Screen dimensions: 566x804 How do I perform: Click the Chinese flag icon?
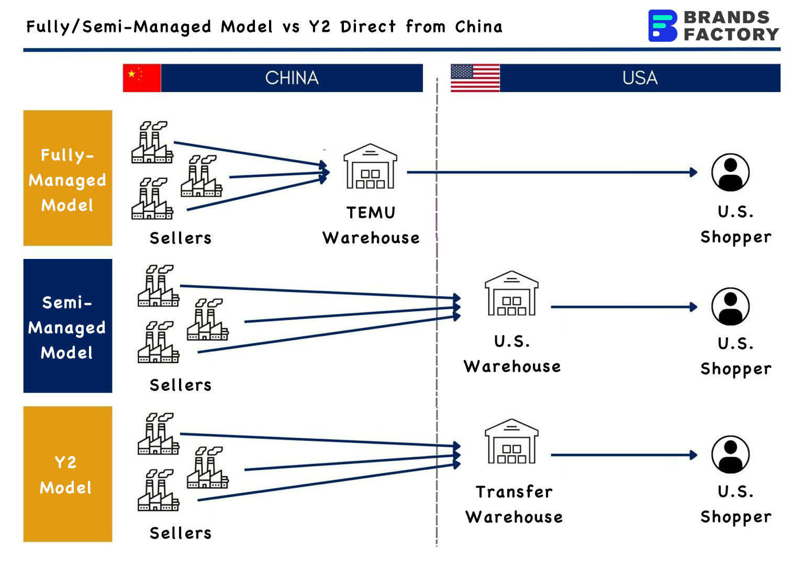pos(142,78)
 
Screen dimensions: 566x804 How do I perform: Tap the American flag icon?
pos(475,78)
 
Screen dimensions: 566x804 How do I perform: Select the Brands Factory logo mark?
pos(662,26)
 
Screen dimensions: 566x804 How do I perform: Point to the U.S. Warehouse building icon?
pos(511,293)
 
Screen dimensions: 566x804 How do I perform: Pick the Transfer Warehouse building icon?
pos(511,442)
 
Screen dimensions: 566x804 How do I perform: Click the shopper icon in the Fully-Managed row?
pos(730,172)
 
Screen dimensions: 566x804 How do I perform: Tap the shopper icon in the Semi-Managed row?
pos(730,307)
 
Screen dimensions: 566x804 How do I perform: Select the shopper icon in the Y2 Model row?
pos(730,455)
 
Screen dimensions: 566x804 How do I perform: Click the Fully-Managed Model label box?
pos(68,178)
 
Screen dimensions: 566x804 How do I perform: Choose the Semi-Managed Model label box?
pos(68,326)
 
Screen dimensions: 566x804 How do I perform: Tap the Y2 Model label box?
pos(68,474)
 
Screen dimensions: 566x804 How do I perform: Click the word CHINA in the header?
pos(292,78)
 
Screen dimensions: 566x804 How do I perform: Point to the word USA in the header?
pos(640,78)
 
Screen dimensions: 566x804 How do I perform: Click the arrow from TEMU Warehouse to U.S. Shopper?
pos(550,172)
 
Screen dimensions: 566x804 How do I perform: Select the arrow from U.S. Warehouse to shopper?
pos(623,307)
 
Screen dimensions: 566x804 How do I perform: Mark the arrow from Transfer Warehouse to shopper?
pos(623,455)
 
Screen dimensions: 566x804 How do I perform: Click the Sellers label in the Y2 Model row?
pos(181,533)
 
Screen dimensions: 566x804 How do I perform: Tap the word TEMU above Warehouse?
pos(371,213)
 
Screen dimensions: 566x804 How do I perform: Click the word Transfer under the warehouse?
pos(514,492)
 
